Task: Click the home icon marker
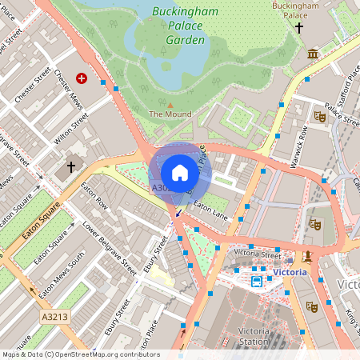click(180, 172)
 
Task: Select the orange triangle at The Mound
click(170, 104)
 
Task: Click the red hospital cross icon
click(81, 78)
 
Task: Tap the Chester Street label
click(33, 83)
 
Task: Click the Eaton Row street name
click(94, 196)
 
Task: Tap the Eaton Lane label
click(210, 210)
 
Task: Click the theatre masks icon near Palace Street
click(320, 116)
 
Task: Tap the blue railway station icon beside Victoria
click(257, 281)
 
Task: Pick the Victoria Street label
click(257, 254)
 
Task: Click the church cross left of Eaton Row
click(71, 166)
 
